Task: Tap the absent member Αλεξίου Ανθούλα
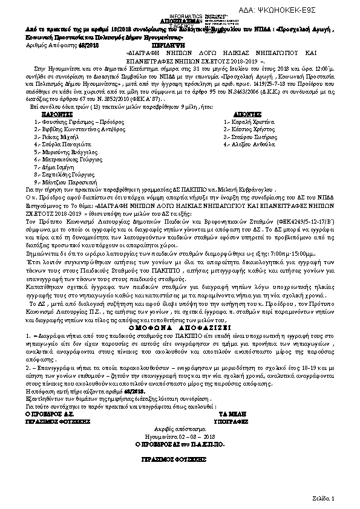pos(246,145)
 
